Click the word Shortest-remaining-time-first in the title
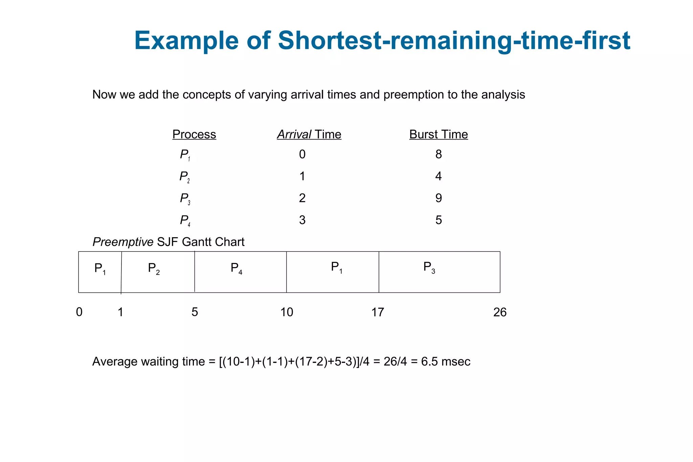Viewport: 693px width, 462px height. click(x=454, y=41)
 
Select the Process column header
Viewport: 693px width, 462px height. click(x=194, y=134)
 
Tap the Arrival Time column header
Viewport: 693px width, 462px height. click(x=309, y=134)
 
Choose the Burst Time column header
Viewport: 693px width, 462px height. click(x=438, y=134)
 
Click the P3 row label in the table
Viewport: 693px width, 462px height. click(x=185, y=199)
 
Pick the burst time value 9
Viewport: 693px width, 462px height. click(x=439, y=198)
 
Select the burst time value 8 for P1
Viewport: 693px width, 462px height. click(x=439, y=154)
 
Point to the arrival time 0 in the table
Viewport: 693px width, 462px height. click(x=302, y=154)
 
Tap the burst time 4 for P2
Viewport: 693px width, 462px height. click(x=439, y=176)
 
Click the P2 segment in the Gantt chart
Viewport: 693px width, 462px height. click(x=158, y=272)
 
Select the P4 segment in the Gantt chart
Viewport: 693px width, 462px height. click(x=240, y=272)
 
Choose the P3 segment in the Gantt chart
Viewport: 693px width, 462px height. click(x=439, y=272)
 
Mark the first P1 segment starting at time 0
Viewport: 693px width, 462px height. click(x=100, y=272)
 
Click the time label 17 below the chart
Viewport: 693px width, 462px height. click(x=378, y=312)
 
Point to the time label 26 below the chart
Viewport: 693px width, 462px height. click(x=500, y=312)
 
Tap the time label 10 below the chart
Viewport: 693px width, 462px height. click(x=287, y=312)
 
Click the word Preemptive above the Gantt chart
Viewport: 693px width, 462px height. click(x=123, y=242)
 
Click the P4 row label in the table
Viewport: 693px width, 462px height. click(x=185, y=221)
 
